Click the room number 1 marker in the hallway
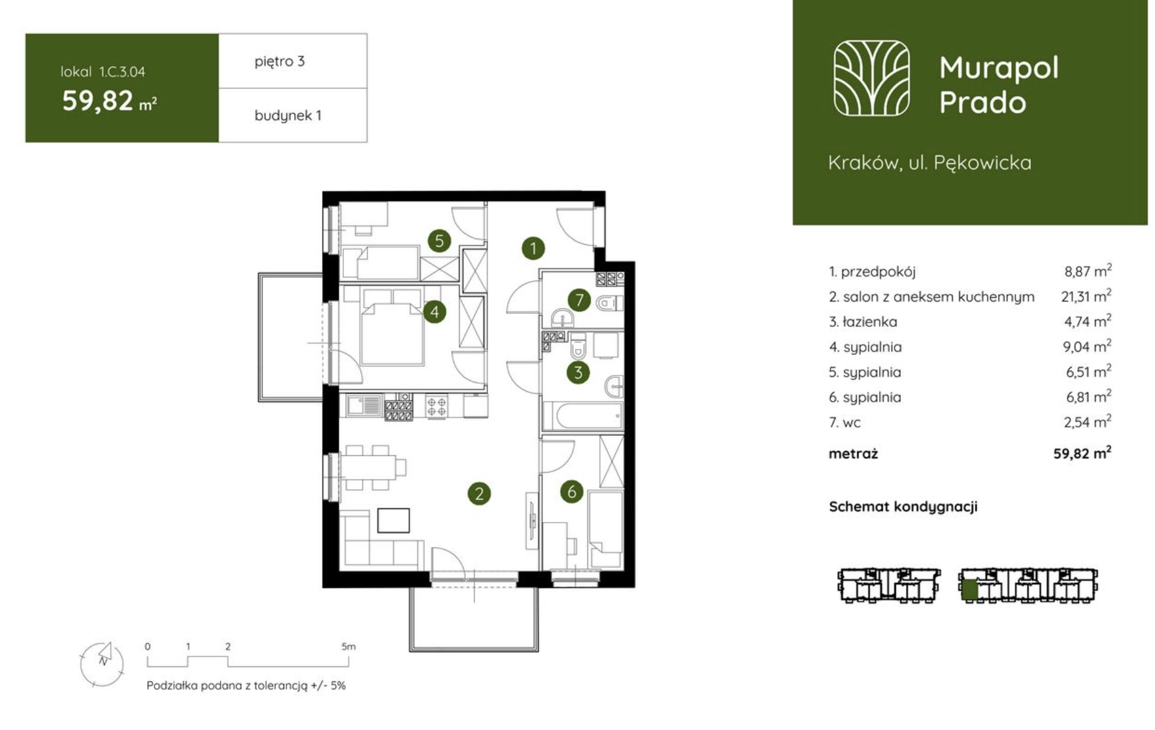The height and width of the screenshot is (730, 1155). (x=533, y=249)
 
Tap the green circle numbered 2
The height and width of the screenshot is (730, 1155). (x=479, y=494)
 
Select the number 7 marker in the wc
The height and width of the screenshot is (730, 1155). (x=579, y=300)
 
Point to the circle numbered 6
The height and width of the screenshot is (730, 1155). (x=572, y=491)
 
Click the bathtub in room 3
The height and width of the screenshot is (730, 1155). (x=582, y=415)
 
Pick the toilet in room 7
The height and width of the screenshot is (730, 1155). (x=609, y=303)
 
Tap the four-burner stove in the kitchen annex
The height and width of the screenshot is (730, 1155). (x=437, y=406)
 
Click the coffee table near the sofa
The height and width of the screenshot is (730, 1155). (x=394, y=520)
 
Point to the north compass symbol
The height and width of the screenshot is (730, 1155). (x=102, y=663)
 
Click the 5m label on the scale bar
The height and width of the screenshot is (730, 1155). (x=348, y=647)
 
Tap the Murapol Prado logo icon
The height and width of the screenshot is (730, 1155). (x=872, y=78)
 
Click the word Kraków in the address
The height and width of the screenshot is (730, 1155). (x=863, y=163)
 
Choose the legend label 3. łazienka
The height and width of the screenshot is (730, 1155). (x=863, y=322)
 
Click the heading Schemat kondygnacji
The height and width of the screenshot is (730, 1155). (x=903, y=507)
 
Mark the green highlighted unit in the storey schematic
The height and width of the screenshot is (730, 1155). (x=969, y=589)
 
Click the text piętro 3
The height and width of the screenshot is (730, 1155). (x=280, y=62)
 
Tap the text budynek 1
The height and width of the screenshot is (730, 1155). (x=288, y=116)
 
